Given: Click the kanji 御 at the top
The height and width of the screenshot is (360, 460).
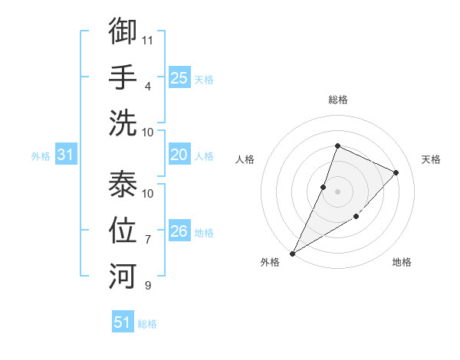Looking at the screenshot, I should point(123,31).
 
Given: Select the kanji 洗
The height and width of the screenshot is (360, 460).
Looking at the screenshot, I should point(123,122).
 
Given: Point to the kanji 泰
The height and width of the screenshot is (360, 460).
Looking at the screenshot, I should point(123,184).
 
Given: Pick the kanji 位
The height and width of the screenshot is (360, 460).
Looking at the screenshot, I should point(123,230).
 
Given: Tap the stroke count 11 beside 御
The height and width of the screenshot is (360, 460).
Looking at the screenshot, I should point(149,39).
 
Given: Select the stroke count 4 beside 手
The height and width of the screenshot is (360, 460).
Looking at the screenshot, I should point(148,85).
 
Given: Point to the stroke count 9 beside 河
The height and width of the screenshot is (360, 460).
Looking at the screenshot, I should point(148,286).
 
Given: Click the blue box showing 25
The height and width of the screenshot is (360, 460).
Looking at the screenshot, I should point(179,77).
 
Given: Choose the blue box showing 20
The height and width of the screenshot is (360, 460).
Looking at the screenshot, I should point(179,155).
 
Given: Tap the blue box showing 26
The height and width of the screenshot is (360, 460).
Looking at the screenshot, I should point(179,231).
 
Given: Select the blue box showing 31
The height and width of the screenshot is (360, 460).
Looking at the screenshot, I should point(66,155).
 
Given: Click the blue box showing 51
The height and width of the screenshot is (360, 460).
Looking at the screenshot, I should point(123,322).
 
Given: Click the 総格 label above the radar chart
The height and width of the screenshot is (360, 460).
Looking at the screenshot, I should point(337,100).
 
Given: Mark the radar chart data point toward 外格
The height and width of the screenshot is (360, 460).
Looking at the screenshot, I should point(292,253).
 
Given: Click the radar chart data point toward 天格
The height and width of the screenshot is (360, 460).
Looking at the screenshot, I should point(396,172).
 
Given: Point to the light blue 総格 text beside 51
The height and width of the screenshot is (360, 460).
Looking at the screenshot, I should point(147,324).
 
